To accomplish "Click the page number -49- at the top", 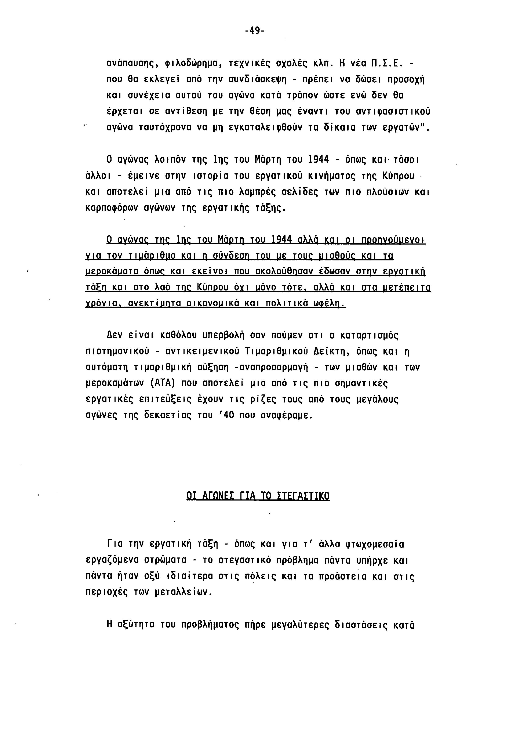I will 255,31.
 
